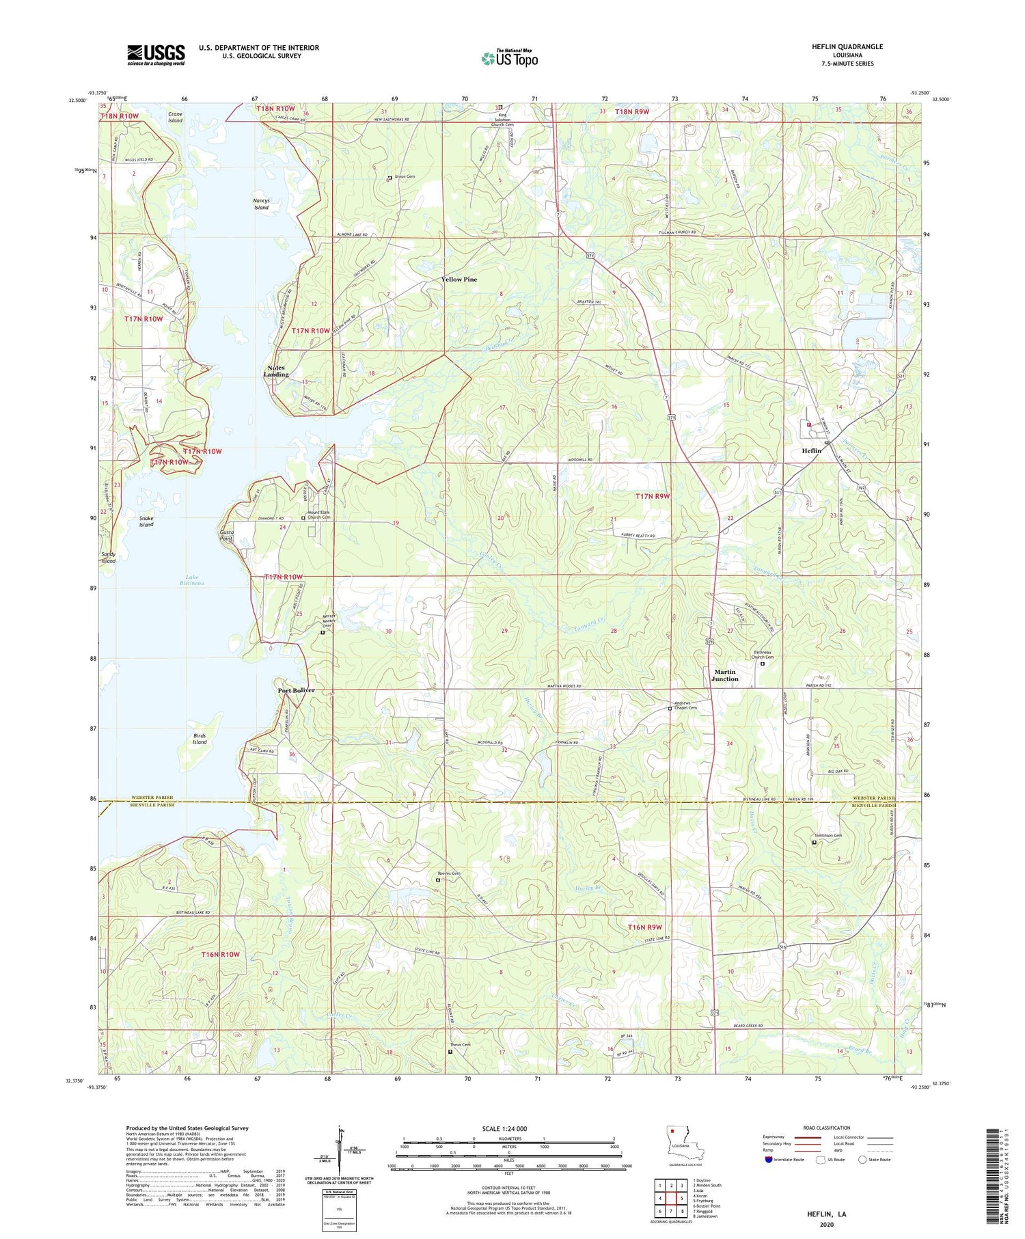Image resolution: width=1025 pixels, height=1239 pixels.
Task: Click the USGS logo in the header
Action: click(156, 55)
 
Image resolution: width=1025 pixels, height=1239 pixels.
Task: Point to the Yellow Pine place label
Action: click(459, 280)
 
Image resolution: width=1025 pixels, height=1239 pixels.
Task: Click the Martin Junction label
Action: click(725, 675)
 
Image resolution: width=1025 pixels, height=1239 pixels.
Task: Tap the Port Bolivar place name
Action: click(296, 690)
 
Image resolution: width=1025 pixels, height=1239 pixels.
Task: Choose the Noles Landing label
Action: click(277, 371)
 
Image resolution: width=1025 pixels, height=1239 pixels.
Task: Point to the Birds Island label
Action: click(199, 739)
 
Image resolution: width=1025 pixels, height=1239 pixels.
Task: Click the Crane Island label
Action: click(175, 117)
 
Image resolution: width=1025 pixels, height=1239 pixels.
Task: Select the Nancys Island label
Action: click(262, 204)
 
